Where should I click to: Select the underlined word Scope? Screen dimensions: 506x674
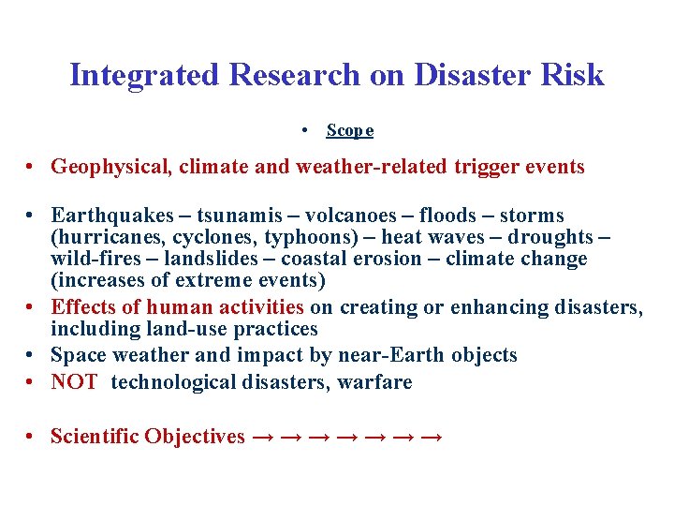click(x=350, y=130)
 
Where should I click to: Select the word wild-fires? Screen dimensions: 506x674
click(x=89, y=260)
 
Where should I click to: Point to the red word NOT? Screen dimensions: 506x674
click(x=74, y=382)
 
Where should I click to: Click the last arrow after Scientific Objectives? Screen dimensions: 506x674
click(x=432, y=437)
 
